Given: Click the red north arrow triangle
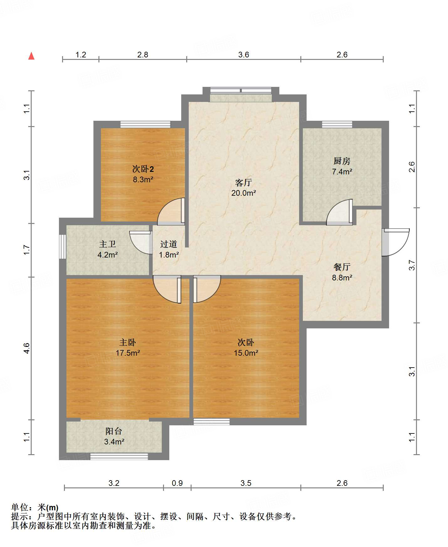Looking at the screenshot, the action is tap(31, 56).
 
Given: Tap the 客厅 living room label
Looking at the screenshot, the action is tap(244, 182).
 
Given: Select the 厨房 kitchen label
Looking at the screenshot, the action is tap(342, 161).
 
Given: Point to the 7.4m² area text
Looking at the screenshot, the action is tap(342, 172).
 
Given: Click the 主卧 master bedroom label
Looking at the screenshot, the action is tap(128, 342).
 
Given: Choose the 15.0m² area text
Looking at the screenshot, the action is tap(246, 353).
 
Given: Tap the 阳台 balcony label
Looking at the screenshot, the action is tap(114, 431).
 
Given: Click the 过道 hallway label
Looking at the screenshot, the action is tap(169, 244).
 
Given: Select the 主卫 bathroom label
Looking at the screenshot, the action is tap(108, 244).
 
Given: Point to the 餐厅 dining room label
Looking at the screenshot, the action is tap(342, 267).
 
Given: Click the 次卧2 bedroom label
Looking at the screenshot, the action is tap(143, 169).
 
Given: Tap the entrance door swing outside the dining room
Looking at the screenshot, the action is tap(395, 242).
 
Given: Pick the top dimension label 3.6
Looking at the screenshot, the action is tap(244, 55).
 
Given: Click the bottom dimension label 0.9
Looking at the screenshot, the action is tap(177, 483).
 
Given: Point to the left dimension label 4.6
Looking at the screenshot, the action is tap(27, 348).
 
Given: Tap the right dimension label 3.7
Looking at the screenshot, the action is tap(412, 265).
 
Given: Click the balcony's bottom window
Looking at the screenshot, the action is tap(119, 456).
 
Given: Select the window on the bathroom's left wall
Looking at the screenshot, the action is tap(63, 247).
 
